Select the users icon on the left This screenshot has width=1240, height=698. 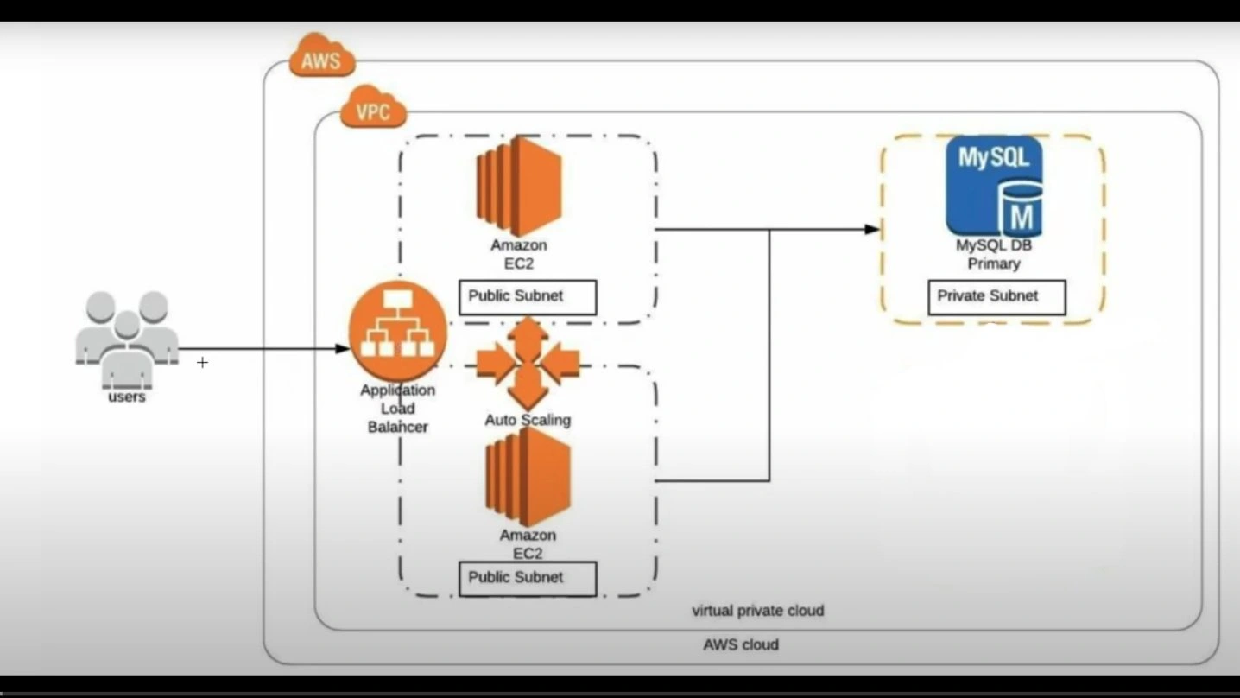127,339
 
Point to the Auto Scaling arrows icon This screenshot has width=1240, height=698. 527,363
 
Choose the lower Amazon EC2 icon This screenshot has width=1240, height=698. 528,477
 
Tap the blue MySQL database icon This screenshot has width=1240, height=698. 994,187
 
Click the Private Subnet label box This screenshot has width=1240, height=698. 996,297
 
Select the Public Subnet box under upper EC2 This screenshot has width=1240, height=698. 527,296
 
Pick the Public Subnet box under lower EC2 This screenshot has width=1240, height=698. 527,578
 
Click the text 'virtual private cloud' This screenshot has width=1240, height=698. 758,611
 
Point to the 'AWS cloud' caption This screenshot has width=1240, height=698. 741,644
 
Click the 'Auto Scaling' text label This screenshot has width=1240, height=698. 528,421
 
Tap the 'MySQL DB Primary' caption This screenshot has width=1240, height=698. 994,255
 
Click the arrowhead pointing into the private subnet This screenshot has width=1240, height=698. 872,230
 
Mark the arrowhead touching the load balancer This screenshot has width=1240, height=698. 343,349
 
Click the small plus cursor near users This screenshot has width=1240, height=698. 202,363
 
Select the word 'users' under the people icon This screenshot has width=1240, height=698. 127,397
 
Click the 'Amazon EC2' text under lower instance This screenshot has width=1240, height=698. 528,544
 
